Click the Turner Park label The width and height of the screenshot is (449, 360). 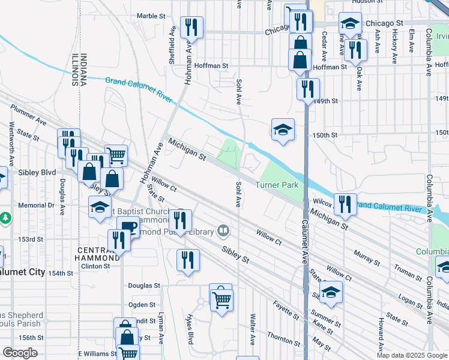pyautogui.click(x=277, y=185)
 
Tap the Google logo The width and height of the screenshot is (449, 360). pyautogui.click(x=20, y=353)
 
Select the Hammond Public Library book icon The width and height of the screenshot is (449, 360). pyautogui.click(x=223, y=230)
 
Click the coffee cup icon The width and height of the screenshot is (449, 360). pyautogui.click(x=128, y=227)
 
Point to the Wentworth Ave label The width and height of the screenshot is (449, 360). pyautogui.click(x=11, y=145)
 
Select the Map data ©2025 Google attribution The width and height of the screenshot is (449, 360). pyautogui.click(x=411, y=355)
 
